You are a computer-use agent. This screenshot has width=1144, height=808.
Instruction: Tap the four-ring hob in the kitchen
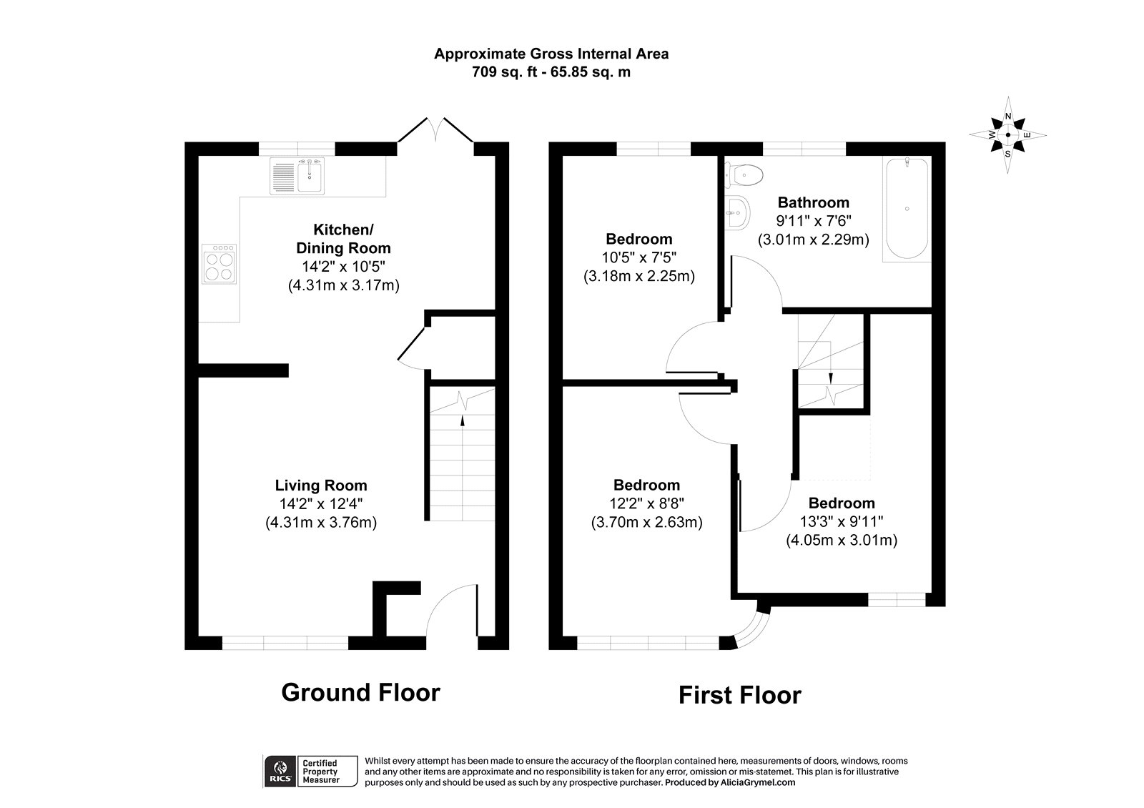click(x=220, y=265)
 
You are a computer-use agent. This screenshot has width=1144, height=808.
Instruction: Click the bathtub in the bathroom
click(x=907, y=209)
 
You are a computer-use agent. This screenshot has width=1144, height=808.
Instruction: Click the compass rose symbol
click(x=1008, y=134)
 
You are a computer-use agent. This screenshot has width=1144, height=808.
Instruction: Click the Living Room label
click(x=321, y=486)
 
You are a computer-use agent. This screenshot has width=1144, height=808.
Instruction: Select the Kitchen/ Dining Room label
click(x=343, y=239)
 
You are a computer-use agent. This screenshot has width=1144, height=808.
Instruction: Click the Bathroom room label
click(x=813, y=202)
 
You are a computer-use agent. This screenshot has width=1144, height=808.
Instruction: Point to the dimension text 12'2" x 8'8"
click(x=646, y=503)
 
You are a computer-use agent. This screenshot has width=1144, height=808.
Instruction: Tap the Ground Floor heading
click(x=360, y=692)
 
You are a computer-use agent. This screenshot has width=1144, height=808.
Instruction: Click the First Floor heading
click(x=739, y=695)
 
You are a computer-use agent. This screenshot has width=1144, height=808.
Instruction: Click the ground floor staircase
click(x=463, y=458)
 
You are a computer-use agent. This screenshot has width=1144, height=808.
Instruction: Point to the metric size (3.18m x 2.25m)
click(x=639, y=275)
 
